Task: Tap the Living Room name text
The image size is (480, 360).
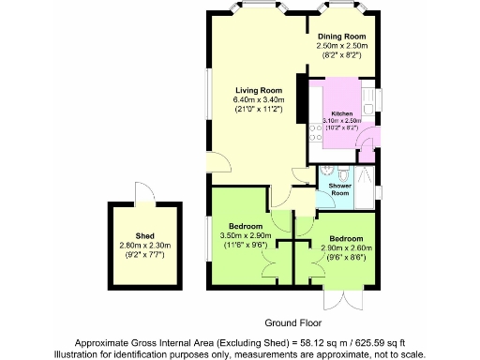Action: [251, 89]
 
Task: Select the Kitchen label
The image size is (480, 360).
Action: [341, 112]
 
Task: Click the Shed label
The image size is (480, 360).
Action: [144, 236]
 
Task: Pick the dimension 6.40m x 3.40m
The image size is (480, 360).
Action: [251, 99]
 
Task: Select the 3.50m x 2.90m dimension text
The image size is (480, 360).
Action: [245, 234]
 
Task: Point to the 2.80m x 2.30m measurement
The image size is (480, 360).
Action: [144, 246]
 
